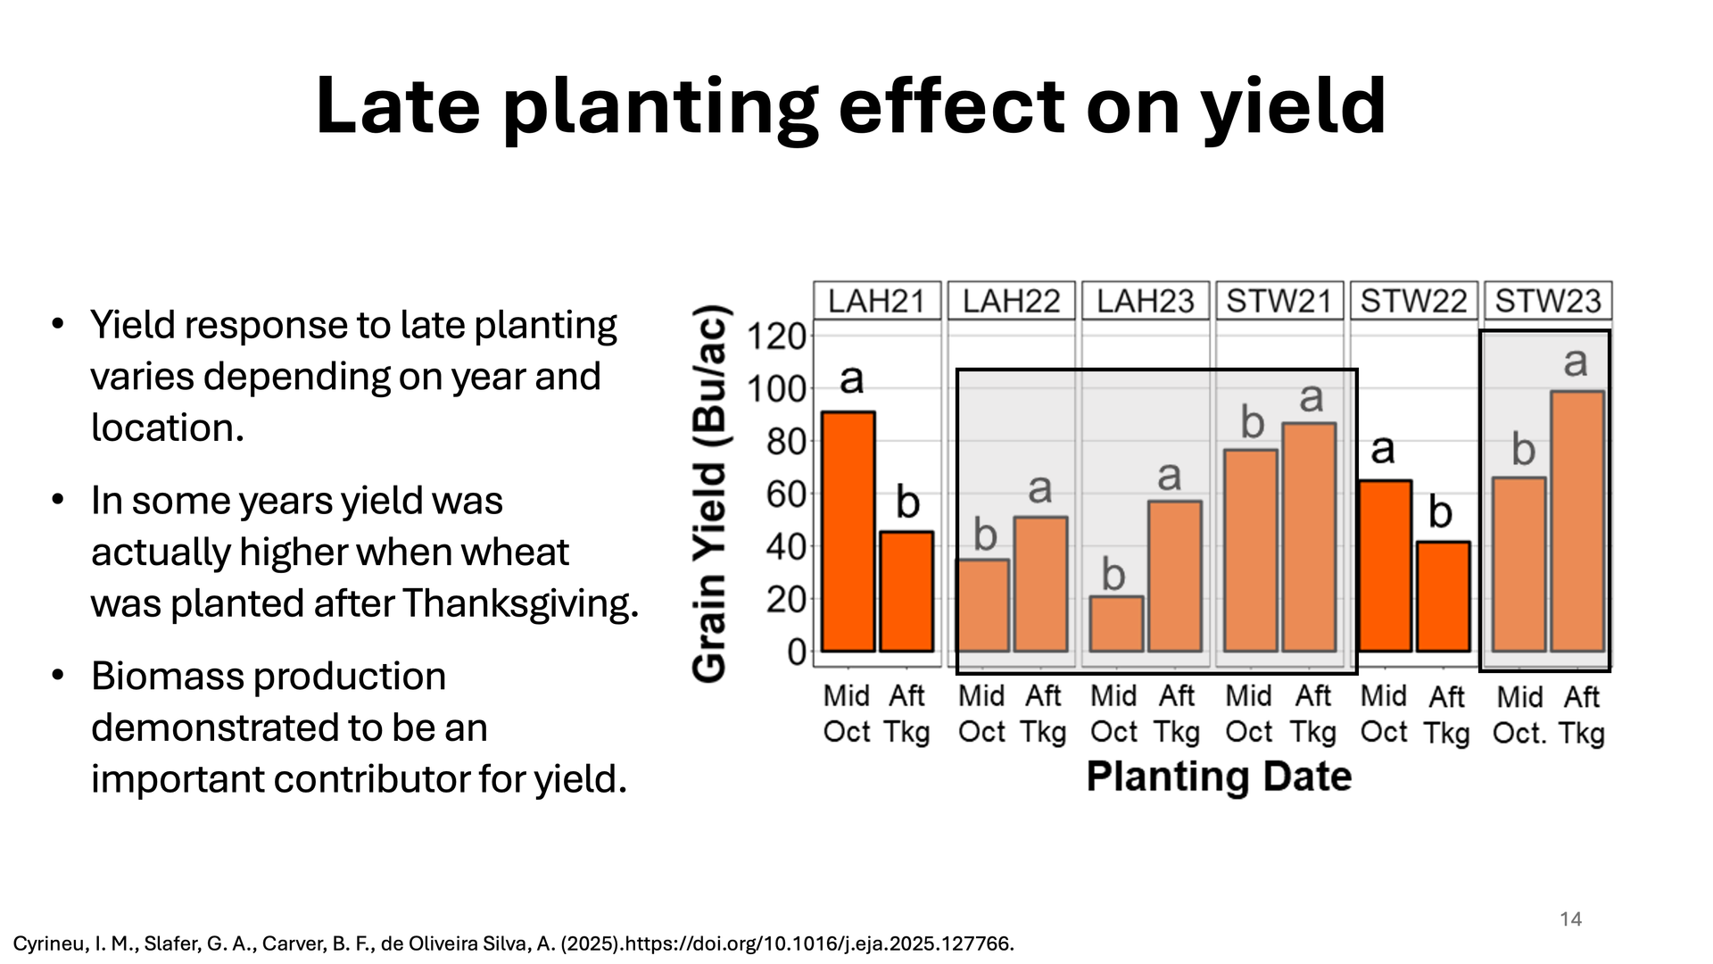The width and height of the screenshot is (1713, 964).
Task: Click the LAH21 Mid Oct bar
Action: (x=848, y=532)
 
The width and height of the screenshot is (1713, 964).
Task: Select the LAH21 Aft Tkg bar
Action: (x=906, y=592)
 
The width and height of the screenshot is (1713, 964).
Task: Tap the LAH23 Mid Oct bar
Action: (x=1116, y=624)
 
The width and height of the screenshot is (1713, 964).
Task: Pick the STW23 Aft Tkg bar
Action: (x=1577, y=521)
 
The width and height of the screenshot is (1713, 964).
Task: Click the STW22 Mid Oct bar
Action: (x=1385, y=566)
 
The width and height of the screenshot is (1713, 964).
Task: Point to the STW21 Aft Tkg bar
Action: (x=1310, y=537)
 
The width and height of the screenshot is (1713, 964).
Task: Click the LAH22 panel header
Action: (x=1012, y=301)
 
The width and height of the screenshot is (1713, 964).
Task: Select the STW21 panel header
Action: (x=1279, y=301)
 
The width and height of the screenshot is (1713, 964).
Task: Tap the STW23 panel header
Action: (x=1548, y=301)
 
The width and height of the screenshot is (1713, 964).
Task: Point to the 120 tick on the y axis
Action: (x=776, y=337)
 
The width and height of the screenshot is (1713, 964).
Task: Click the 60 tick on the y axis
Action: (x=786, y=494)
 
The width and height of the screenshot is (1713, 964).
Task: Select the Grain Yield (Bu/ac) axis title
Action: (x=711, y=494)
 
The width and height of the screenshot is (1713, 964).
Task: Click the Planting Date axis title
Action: (x=1219, y=777)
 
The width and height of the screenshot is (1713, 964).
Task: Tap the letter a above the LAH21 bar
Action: (x=852, y=379)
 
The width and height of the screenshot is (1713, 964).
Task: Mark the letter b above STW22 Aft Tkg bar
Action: (x=1440, y=512)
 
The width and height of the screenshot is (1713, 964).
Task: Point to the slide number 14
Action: (x=1570, y=919)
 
